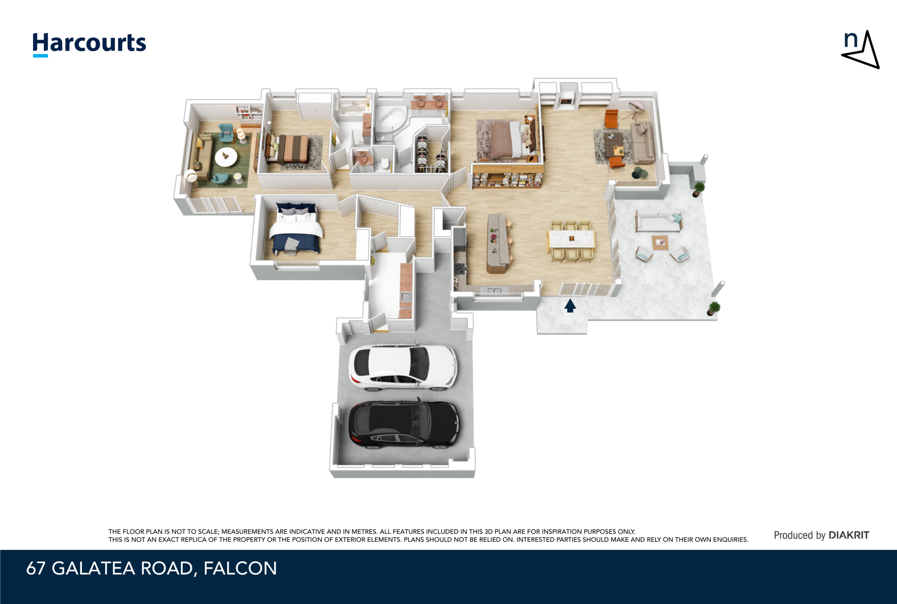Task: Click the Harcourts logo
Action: pos(89,44)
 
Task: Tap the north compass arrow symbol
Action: pos(860,49)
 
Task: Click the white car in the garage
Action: pos(403,367)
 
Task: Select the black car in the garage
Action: pos(404,424)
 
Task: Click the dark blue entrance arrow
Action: pos(570,306)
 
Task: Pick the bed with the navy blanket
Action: pos(296,228)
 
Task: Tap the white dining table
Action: pos(571,239)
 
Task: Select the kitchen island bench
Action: pos(498,243)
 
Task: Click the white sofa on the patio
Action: pos(658,221)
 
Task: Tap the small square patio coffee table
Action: pos(660,242)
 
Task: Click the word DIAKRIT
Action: pos(849,535)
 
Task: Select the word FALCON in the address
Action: pos(240,569)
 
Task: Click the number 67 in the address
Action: pos(36,569)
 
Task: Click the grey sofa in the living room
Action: pos(643,143)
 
